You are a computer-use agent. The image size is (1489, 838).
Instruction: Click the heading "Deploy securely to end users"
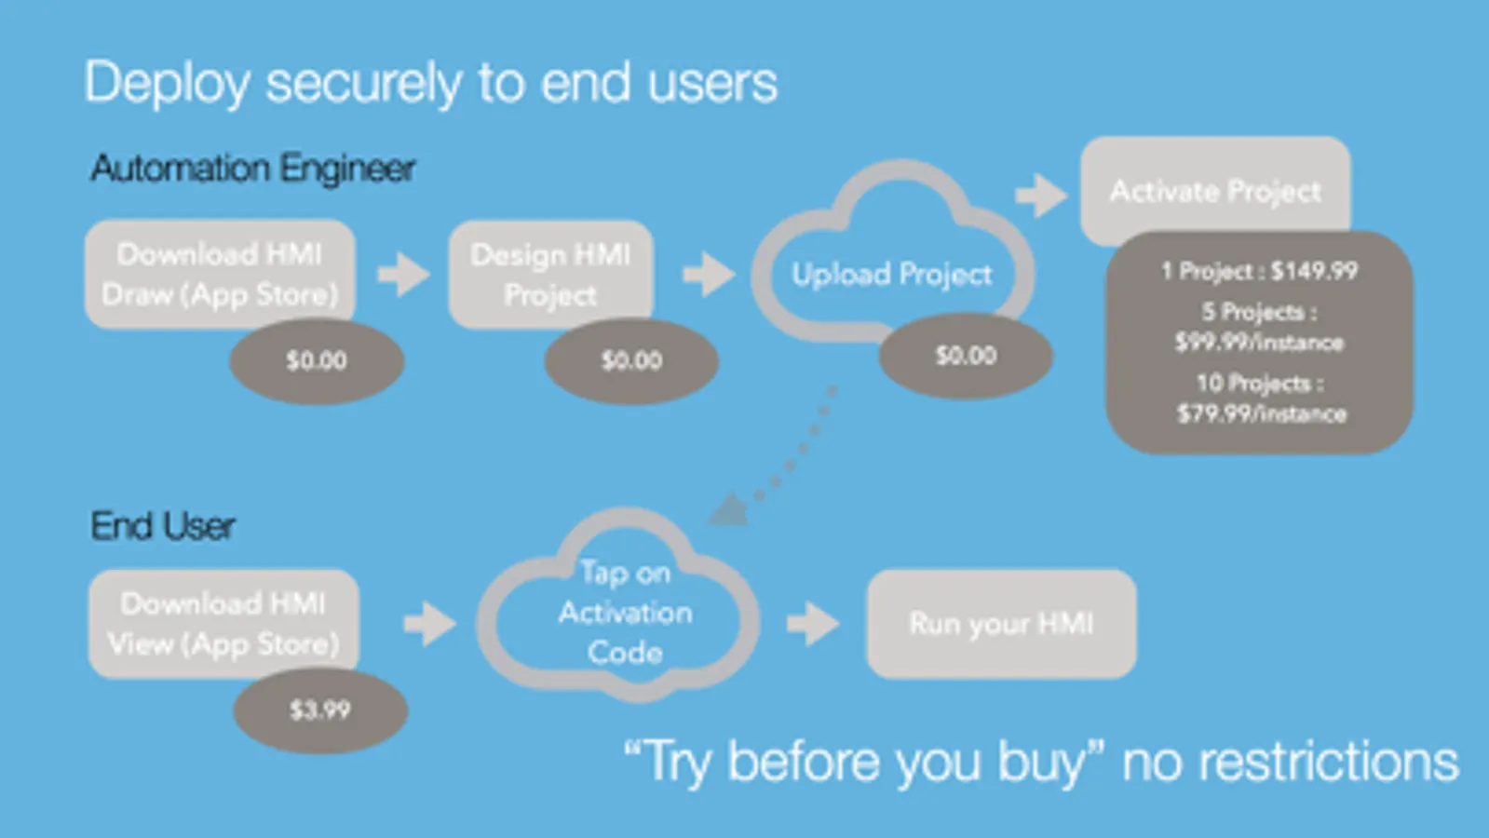point(430,83)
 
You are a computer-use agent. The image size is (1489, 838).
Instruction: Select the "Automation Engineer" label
point(252,169)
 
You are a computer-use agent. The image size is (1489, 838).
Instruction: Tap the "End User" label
point(162,526)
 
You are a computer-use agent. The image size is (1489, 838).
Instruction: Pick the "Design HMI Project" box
point(550,273)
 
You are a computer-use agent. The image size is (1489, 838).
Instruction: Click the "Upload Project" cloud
point(891,273)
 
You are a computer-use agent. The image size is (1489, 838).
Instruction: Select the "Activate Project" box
point(1214,191)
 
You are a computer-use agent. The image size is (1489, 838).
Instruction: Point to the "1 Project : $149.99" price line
point(1259,271)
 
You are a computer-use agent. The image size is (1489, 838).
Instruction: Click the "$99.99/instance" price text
point(1259,343)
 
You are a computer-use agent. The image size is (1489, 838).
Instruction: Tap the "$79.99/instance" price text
point(1261,413)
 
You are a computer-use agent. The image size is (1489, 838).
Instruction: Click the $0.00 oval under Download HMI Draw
point(317,361)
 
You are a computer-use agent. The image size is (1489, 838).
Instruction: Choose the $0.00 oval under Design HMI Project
point(631,361)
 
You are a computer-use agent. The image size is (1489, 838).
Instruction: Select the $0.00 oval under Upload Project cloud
point(966,356)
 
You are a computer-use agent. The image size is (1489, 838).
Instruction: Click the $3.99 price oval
point(319,710)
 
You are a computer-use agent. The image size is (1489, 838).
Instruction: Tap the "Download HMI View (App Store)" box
point(223,623)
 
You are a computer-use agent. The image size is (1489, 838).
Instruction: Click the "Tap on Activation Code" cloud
point(624,613)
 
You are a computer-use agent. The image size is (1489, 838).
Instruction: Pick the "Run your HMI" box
point(1001,623)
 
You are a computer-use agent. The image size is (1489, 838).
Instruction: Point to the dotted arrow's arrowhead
point(730,510)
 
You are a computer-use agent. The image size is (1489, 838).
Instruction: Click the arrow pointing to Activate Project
point(1041,195)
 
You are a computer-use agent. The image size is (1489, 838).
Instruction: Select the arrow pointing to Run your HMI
point(813,623)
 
